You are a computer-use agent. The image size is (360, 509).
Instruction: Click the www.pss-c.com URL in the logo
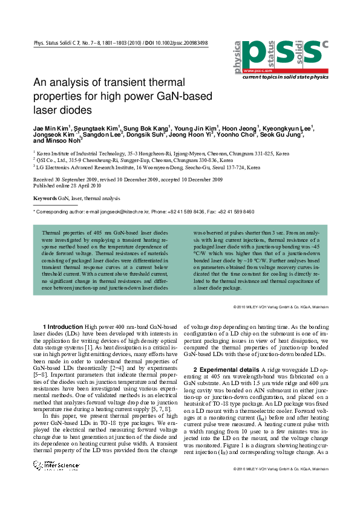pos(256,71)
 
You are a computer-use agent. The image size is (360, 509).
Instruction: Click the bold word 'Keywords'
pos(45,198)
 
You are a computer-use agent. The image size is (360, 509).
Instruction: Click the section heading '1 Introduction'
pos(63,326)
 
